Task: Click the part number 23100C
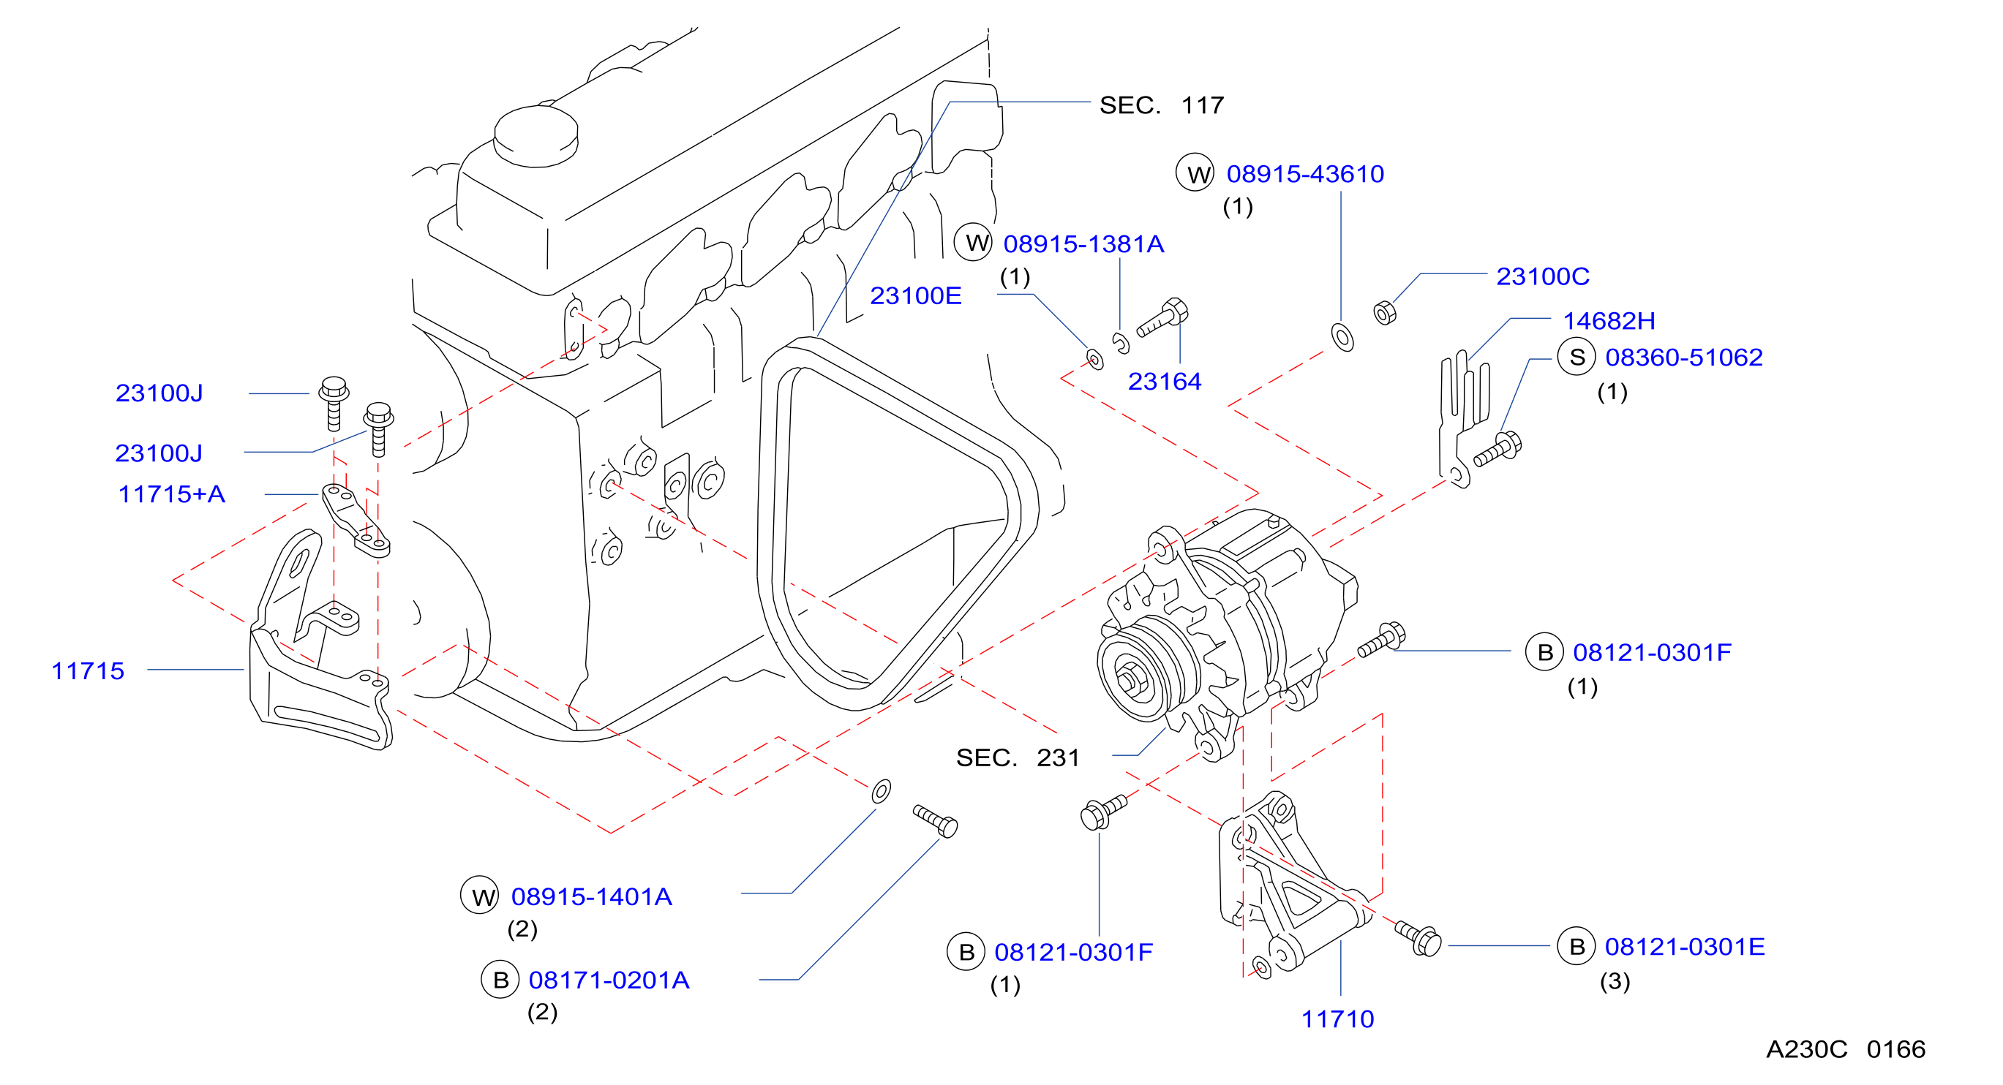click(x=1542, y=276)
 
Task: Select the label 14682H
click(x=1609, y=320)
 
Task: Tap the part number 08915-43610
click(x=1305, y=173)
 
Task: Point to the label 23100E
click(x=915, y=295)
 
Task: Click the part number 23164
click(x=1164, y=381)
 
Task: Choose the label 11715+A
click(x=171, y=494)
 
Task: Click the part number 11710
click(x=1337, y=1018)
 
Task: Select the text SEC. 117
click(x=1162, y=105)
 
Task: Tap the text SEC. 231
click(x=1018, y=757)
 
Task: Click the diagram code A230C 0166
click(x=1845, y=1049)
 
